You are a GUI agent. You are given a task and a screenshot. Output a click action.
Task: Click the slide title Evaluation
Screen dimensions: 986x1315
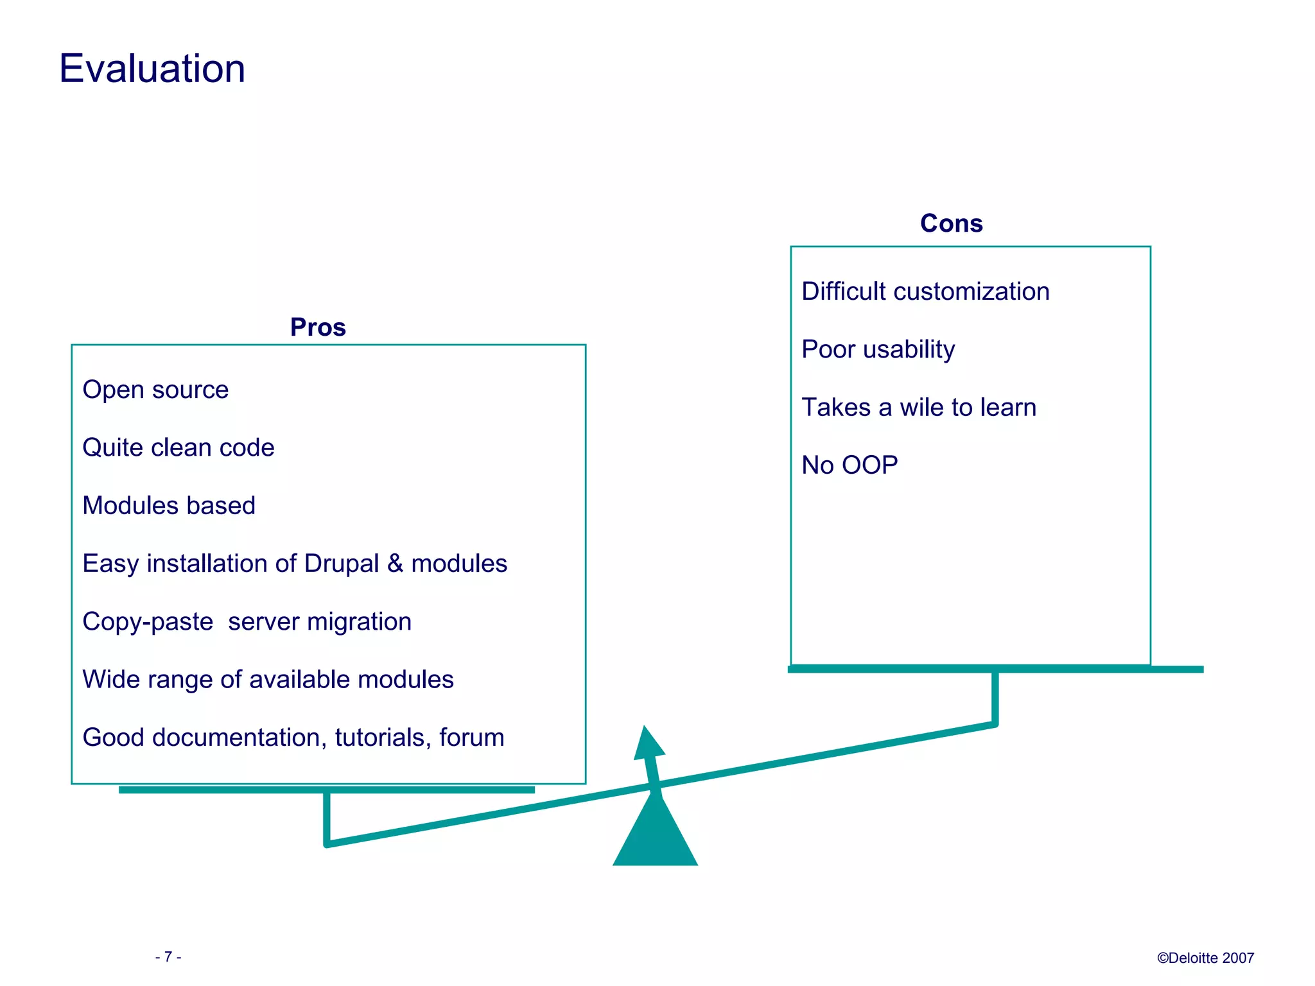pyautogui.click(x=152, y=69)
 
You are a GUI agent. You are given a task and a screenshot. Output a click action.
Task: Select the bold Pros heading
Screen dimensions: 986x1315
pyautogui.click(x=318, y=327)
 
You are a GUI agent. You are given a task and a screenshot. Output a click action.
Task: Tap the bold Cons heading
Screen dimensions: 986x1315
pyautogui.click(x=951, y=223)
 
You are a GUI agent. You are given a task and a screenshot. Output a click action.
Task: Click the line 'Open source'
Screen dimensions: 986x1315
pyautogui.click(x=155, y=390)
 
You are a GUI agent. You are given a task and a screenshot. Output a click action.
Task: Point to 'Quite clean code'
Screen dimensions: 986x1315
pyautogui.click(x=179, y=447)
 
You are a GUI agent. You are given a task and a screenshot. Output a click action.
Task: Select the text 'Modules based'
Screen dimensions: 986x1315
pyautogui.click(x=169, y=505)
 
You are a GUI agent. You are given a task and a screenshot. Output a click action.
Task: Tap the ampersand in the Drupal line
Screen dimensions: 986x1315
pyautogui.click(x=395, y=564)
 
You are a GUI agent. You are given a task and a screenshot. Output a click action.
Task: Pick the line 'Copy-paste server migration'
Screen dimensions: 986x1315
pyautogui.click(x=247, y=621)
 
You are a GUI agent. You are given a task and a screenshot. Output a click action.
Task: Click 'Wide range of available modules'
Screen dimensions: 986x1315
pyautogui.click(x=268, y=679)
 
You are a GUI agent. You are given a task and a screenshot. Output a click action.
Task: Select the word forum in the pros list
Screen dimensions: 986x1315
pyautogui.click(x=471, y=737)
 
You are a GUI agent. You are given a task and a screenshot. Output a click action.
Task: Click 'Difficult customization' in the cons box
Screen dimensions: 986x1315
pyautogui.click(x=925, y=291)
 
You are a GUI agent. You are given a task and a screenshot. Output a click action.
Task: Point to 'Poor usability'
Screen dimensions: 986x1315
pyautogui.click(x=878, y=349)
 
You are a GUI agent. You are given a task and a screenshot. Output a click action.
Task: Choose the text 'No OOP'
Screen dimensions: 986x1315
pyautogui.click(x=849, y=465)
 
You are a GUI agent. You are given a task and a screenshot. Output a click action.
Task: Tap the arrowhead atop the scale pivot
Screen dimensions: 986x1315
pyautogui.click(x=649, y=745)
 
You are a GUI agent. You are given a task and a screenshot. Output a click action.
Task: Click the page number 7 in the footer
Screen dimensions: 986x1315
pyautogui.click(x=168, y=957)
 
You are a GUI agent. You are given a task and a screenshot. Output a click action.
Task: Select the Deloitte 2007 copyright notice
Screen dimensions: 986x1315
pyautogui.click(x=1205, y=958)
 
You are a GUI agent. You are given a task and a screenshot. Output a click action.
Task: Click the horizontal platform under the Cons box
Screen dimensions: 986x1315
pyautogui.click(x=995, y=669)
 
